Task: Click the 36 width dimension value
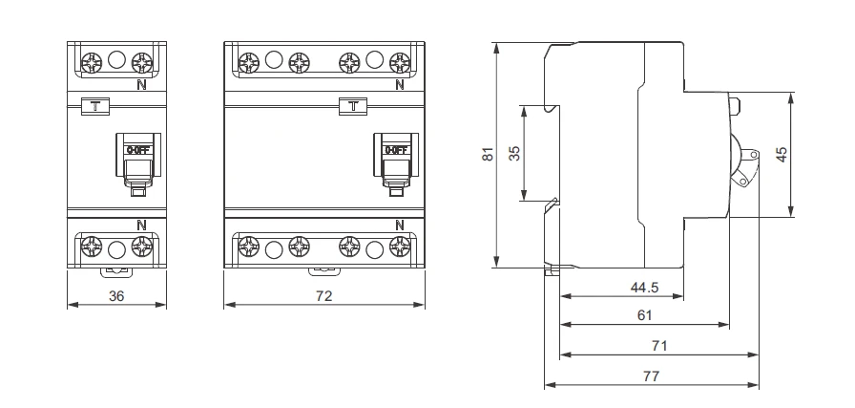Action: point(116,296)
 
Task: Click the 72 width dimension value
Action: point(323,296)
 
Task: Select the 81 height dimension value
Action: point(488,155)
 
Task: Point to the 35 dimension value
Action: point(515,154)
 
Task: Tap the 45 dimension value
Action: point(782,155)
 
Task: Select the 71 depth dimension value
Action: point(658,345)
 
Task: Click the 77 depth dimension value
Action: point(651,376)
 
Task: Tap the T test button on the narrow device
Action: point(94,105)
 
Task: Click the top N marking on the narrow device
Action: point(142,84)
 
